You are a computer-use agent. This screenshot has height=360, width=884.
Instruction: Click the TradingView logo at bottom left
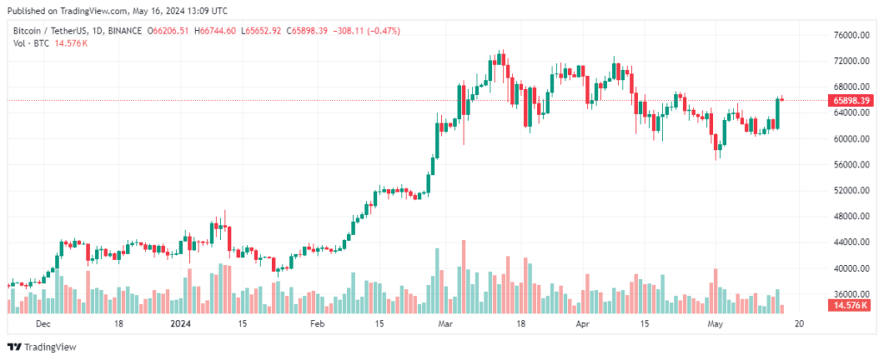(x=42, y=347)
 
